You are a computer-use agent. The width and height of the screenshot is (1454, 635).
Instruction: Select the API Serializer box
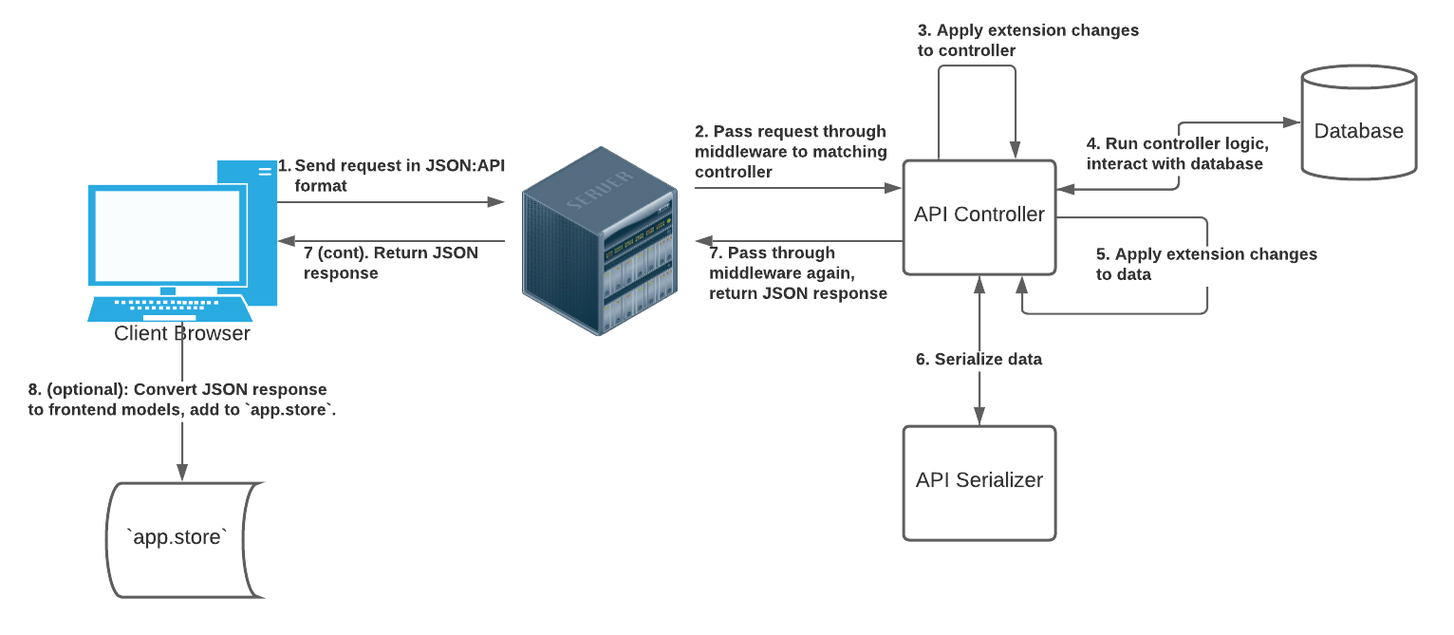(x=979, y=482)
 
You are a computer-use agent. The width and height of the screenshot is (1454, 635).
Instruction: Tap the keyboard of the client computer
(x=171, y=308)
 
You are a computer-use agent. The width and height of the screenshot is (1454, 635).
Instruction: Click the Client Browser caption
(x=182, y=334)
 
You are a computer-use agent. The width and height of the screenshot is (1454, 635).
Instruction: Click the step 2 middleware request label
(x=790, y=152)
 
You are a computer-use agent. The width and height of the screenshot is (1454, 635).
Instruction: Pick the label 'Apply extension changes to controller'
(x=1027, y=40)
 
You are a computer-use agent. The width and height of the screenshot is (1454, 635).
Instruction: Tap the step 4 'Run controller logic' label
(x=1177, y=154)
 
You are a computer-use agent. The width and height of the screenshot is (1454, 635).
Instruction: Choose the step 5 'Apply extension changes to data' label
(x=1205, y=264)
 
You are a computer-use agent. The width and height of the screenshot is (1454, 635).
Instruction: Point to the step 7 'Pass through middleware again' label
(x=797, y=273)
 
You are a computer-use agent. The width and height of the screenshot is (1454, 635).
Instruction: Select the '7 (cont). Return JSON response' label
(x=390, y=263)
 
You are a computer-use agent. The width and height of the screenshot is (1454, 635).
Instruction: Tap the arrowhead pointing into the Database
(x=1292, y=122)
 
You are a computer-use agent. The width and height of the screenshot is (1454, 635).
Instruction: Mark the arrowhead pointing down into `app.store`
(x=182, y=474)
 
